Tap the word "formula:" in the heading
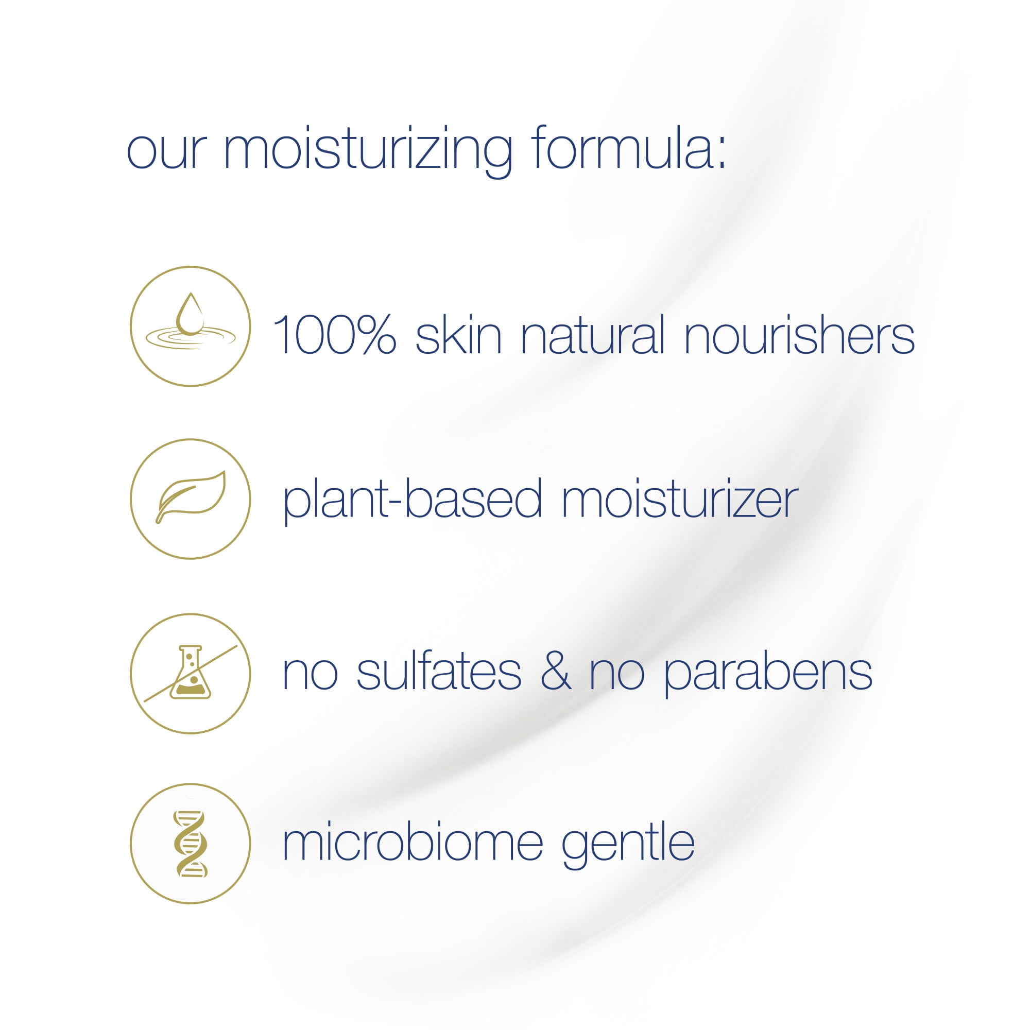[629, 147]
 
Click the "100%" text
[334, 334]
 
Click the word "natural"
[593, 334]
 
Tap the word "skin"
[458, 334]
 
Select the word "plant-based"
[413, 500]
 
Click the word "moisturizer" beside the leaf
[680, 498]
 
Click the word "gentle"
[628, 847]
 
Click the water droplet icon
[191, 314]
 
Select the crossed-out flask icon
[191, 672]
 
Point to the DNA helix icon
[191, 844]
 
